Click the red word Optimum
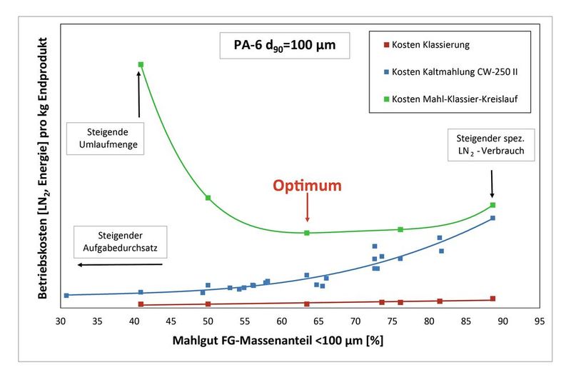tap(307, 185)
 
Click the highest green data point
tap(141, 65)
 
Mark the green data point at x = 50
tap(208, 198)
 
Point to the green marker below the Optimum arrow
tap(307, 233)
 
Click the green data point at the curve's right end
tap(492, 205)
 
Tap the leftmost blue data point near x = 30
tap(66, 295)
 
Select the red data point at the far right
tap(492, 299)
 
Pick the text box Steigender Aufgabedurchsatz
tap(118, 243)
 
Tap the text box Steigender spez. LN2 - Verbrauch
tap(490, 145)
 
